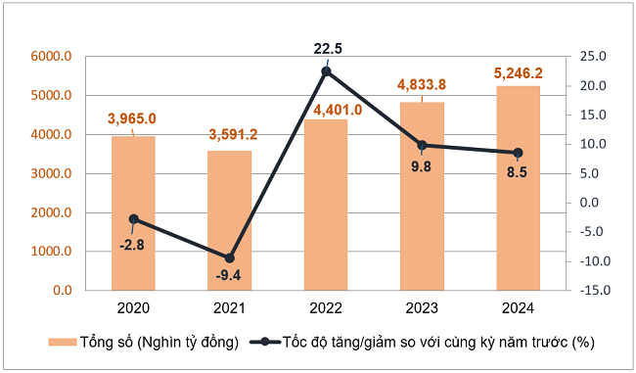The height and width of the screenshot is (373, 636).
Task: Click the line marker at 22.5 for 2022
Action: (x=326, y=70)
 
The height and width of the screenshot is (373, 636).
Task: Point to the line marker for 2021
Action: (x=229, y=257)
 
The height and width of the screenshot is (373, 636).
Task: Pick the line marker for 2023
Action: (x=422, y=145)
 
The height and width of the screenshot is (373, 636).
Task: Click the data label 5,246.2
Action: (x=518, y=72)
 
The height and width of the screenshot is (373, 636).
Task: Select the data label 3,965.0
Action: (x=133, y=119)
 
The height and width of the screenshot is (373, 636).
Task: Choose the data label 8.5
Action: (x=518, y=173)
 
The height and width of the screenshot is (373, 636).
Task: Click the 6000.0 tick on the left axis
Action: (x=51, y=57)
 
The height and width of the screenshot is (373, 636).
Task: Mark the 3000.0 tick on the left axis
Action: (x=51, y=173)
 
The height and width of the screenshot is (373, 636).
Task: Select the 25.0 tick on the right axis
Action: (x=594, y=57)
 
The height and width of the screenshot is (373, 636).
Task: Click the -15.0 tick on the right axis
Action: (x=592, y=291)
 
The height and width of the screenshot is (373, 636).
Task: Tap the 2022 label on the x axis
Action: (x=326, y=308)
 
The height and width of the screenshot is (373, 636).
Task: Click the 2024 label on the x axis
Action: (x=518, y=308)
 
